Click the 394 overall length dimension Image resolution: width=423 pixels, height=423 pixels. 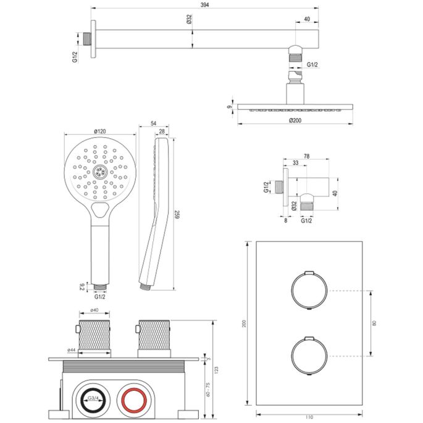click(204, 5)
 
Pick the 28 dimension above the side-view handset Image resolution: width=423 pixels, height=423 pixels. click(162, 132)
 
